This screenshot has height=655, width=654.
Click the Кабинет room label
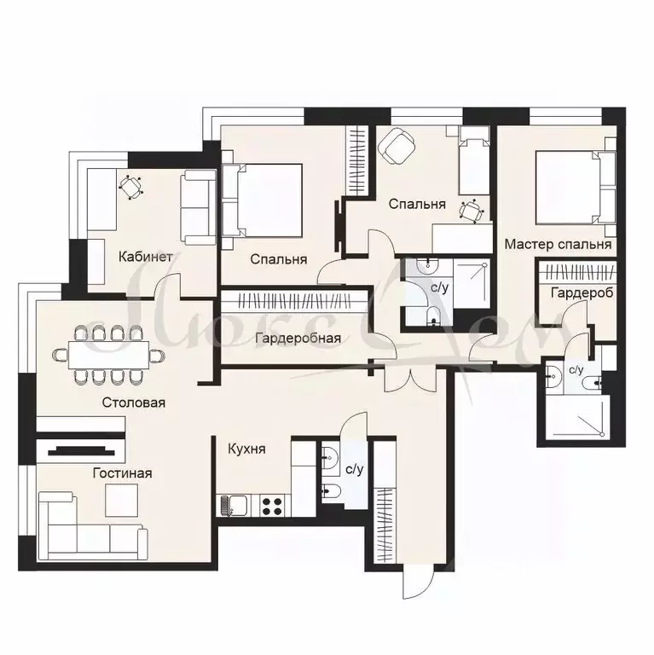click(147, 256)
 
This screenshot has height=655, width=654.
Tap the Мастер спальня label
click(558, 244)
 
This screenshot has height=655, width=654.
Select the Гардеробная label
click(298, 338)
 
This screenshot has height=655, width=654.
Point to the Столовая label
click(133, 402)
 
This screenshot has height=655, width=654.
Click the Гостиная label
click(122, 472)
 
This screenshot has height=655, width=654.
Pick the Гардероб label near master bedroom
click(582, 292)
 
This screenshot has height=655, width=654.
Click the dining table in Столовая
click(107, 353)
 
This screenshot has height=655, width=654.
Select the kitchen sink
click(233, 506)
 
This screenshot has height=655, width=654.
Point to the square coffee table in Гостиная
click(121, 500)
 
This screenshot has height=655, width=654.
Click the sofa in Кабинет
click(200, 206)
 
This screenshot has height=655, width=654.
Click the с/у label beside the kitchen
click(355, 468)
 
